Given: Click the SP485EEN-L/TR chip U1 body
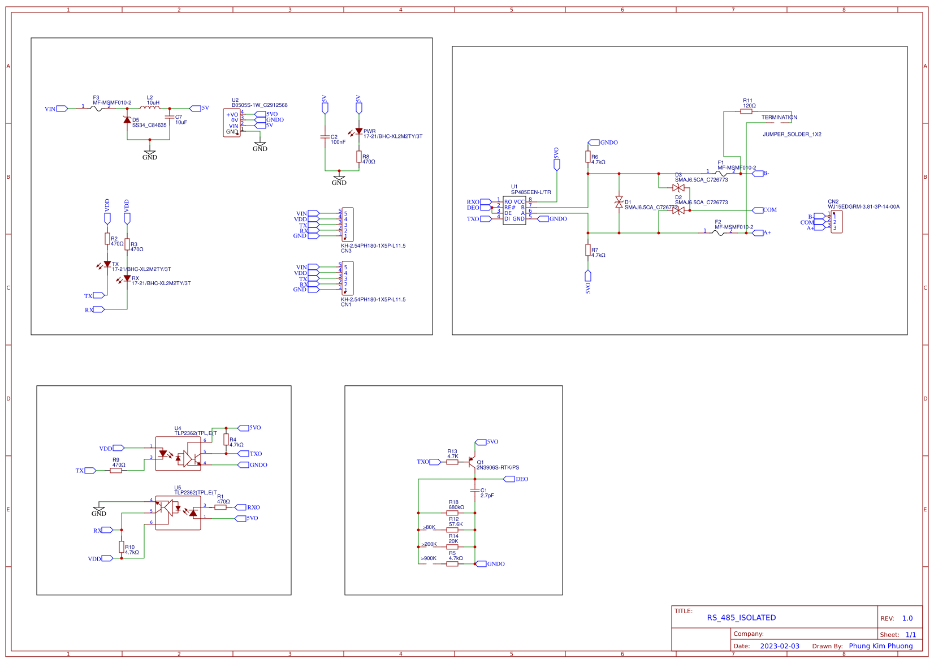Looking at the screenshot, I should (514, 210).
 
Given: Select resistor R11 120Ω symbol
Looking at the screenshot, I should (746, 111).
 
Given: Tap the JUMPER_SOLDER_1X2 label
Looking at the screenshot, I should (792, 135).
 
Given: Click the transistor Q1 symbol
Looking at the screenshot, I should (472, 462).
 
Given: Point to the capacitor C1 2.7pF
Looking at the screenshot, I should (475, 490).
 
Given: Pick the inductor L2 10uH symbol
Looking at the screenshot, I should (149, 107).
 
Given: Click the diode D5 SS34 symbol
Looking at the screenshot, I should (127, 119).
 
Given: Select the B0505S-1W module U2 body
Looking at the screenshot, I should (232, 123).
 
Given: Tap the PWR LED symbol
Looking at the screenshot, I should (358, 131).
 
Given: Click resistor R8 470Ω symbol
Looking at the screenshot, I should (358, 157).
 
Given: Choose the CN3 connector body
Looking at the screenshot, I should (348, 225).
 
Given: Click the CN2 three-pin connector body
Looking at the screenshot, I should (837, 222).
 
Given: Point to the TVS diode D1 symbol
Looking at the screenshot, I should (619, 203).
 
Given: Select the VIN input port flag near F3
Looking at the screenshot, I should (62, 109).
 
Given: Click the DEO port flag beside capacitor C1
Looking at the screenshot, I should (509, 479).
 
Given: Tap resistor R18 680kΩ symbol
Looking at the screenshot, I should (452, 513).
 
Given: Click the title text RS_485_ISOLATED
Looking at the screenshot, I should (741, 618).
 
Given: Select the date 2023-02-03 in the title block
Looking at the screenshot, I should (779, 646).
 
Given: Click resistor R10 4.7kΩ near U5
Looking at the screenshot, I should (122, 546).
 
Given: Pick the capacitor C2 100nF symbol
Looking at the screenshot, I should (325, 137).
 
